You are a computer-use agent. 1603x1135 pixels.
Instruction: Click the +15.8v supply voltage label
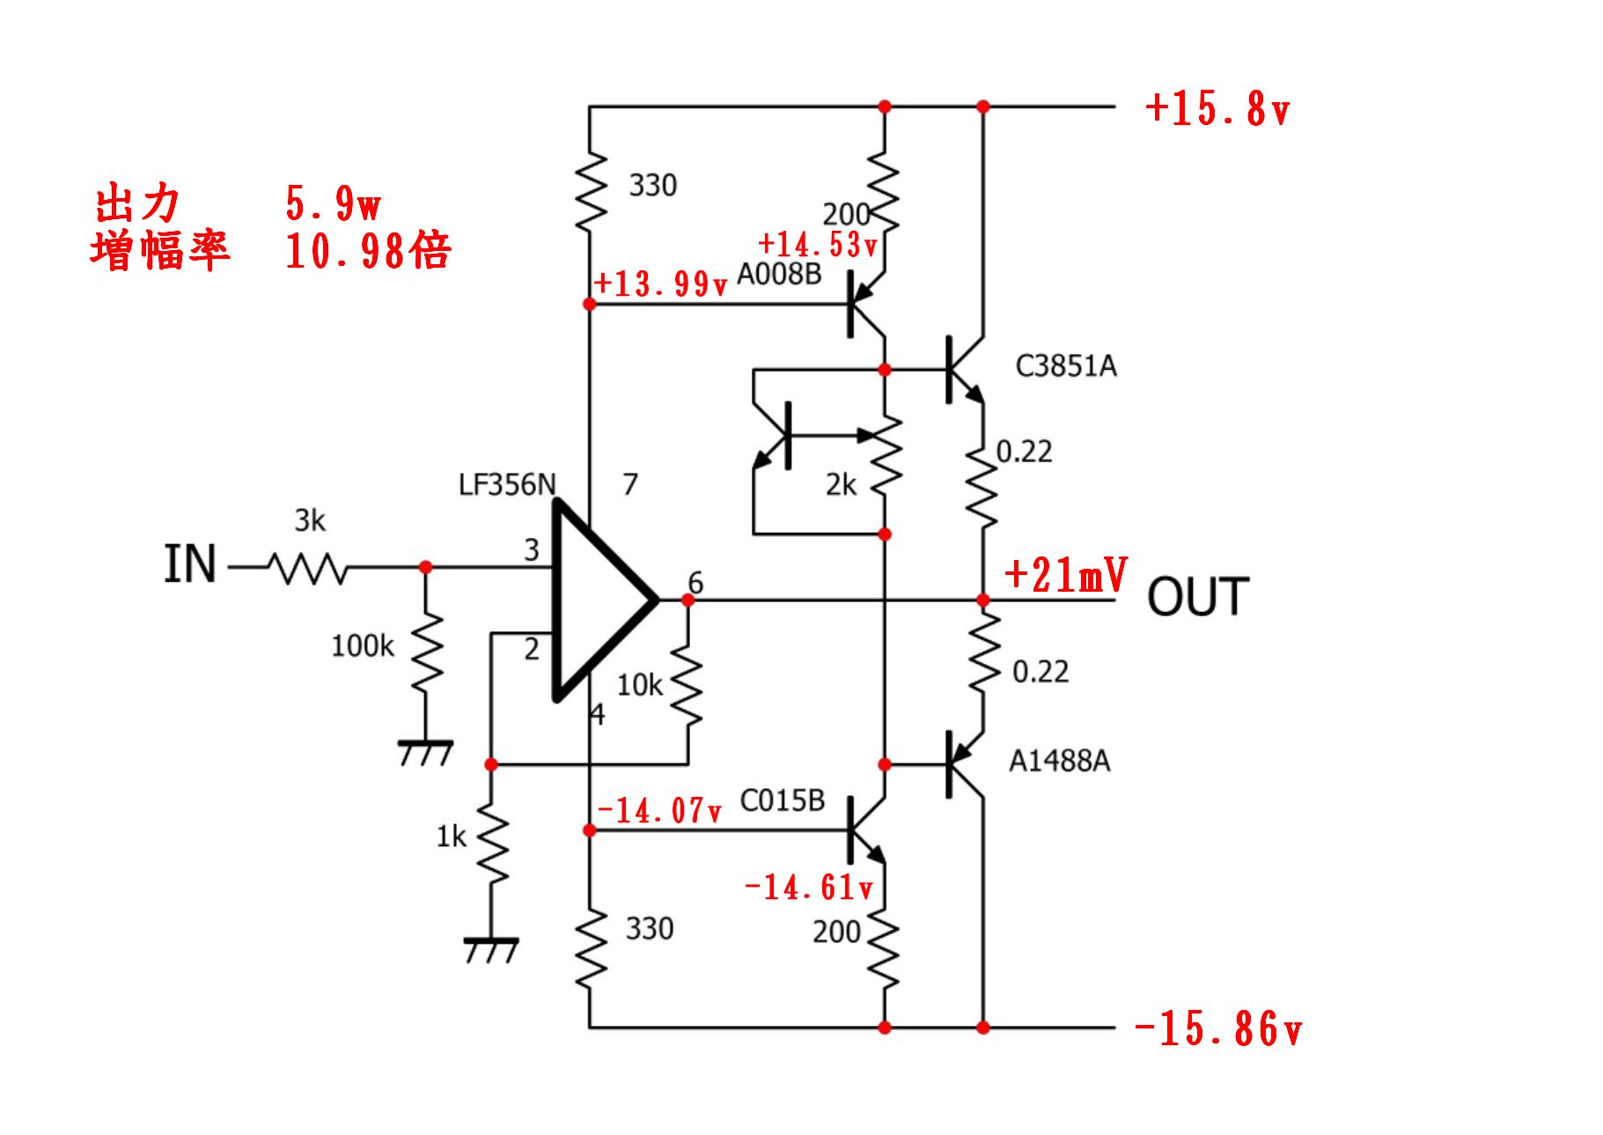pos(1217,109)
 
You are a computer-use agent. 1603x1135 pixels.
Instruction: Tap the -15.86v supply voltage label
pos(1218,1028)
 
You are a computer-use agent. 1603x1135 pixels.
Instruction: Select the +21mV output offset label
pos(1065,575)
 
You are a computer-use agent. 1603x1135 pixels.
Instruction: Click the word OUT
pos(1198,597)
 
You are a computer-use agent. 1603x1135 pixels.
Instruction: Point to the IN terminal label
pos(190,564)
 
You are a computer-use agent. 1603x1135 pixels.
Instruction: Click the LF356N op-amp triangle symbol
pos(605,601)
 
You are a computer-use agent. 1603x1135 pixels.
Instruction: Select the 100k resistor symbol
pos(426,653)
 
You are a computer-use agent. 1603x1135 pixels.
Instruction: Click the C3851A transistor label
pos(1066,366)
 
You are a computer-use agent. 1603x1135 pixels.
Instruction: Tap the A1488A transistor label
pos(1060,761)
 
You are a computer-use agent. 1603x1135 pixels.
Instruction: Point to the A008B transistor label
pos(779,275)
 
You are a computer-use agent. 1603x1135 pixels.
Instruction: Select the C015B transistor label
pos(783,800)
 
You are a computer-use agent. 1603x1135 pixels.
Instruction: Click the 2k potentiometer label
pos(841,484)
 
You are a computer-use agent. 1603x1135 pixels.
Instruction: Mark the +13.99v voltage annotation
pos(661,284)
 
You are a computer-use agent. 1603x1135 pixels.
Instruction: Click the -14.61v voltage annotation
pos(809,887)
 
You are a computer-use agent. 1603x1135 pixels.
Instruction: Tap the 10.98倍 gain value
pos(368,251)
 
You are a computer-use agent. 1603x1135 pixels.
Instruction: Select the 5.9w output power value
pos(334,203)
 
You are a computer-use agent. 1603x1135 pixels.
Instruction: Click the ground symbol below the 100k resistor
pos(426,753)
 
